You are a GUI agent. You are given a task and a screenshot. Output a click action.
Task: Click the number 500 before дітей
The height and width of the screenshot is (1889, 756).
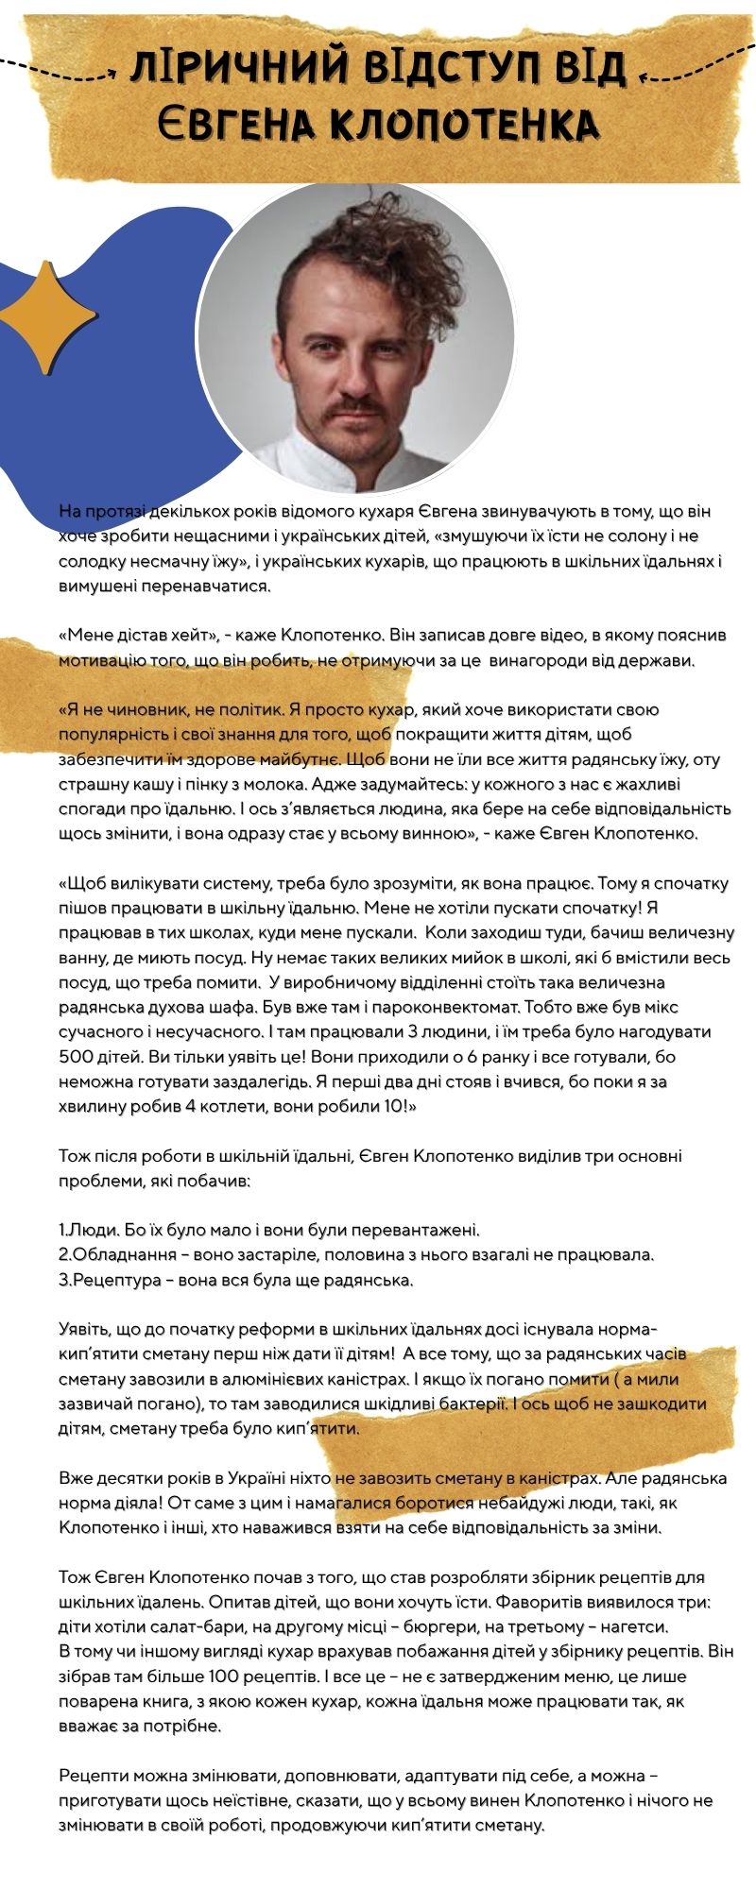coord(76,1056)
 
